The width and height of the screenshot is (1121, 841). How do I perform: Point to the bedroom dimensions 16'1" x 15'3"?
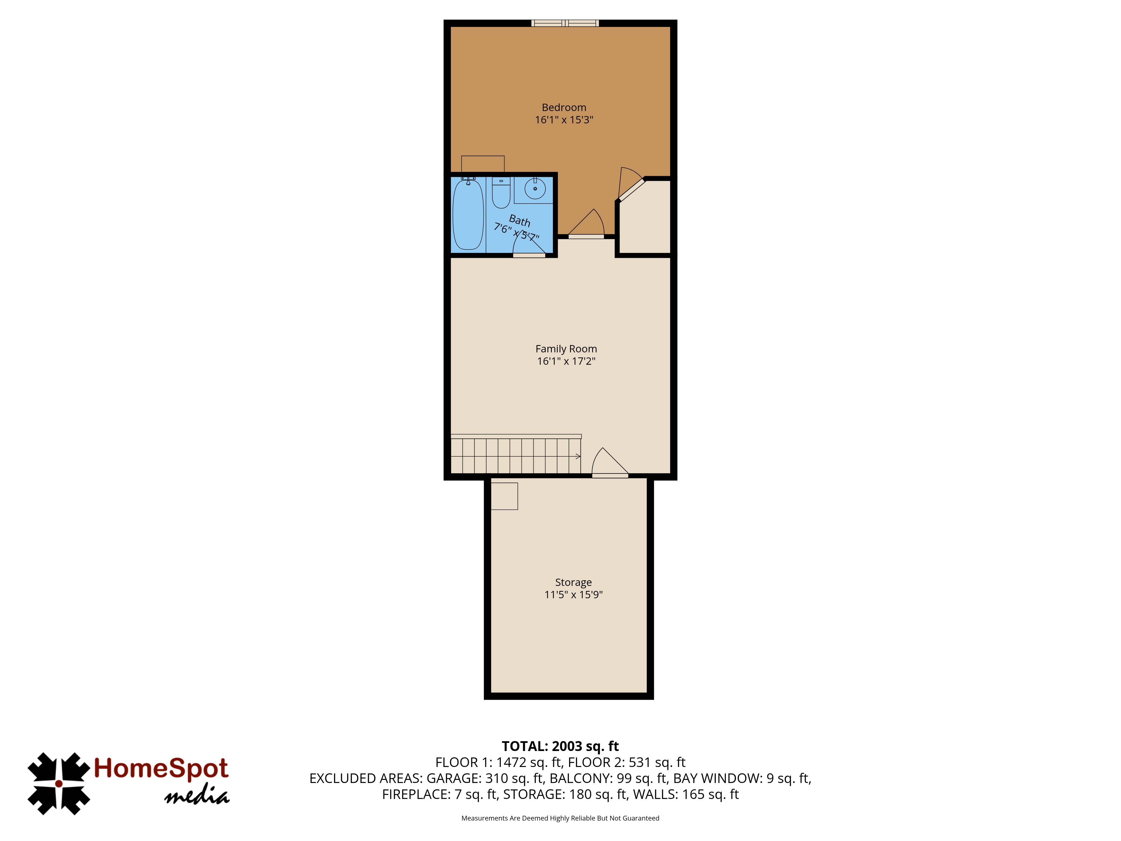pyautogui.click(x=564, y=120)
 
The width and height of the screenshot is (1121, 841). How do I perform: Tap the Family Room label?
pyautogui.click(x=566, y=349)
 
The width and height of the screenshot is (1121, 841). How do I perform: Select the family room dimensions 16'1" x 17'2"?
pyautogui.click(x=566, y=361)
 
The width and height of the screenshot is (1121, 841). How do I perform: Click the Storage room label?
pyautogui.click(x=573, y=583)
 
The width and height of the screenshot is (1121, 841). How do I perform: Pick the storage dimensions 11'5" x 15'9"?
pyautogui.click(x=573, y=595)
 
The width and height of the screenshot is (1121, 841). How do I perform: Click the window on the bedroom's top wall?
pyautogui.click(x=565, y=23)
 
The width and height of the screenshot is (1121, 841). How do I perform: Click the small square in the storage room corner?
pyautogui.click(x=504, y=496)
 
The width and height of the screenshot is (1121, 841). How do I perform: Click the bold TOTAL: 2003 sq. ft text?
pyautogui.click(x=560, y=746)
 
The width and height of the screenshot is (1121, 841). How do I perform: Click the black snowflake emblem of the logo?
pyautogui.click(x=59, y=784)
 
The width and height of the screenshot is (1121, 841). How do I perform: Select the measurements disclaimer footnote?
pyautogui.click(x=560, y=818)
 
